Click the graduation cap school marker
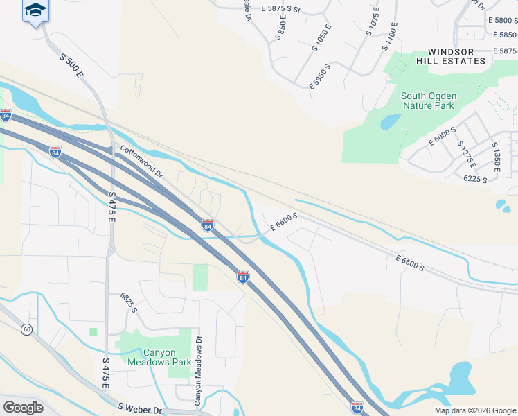pos(35,11)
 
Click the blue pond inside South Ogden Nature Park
pos(390,122)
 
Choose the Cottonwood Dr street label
pos(141,159)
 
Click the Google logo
pos(23,408)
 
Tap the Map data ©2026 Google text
pos(474,410)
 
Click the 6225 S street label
pos(476,179)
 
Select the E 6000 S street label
pos(442,136)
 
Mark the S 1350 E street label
pos(496,157)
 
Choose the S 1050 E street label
pos(322,39)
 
